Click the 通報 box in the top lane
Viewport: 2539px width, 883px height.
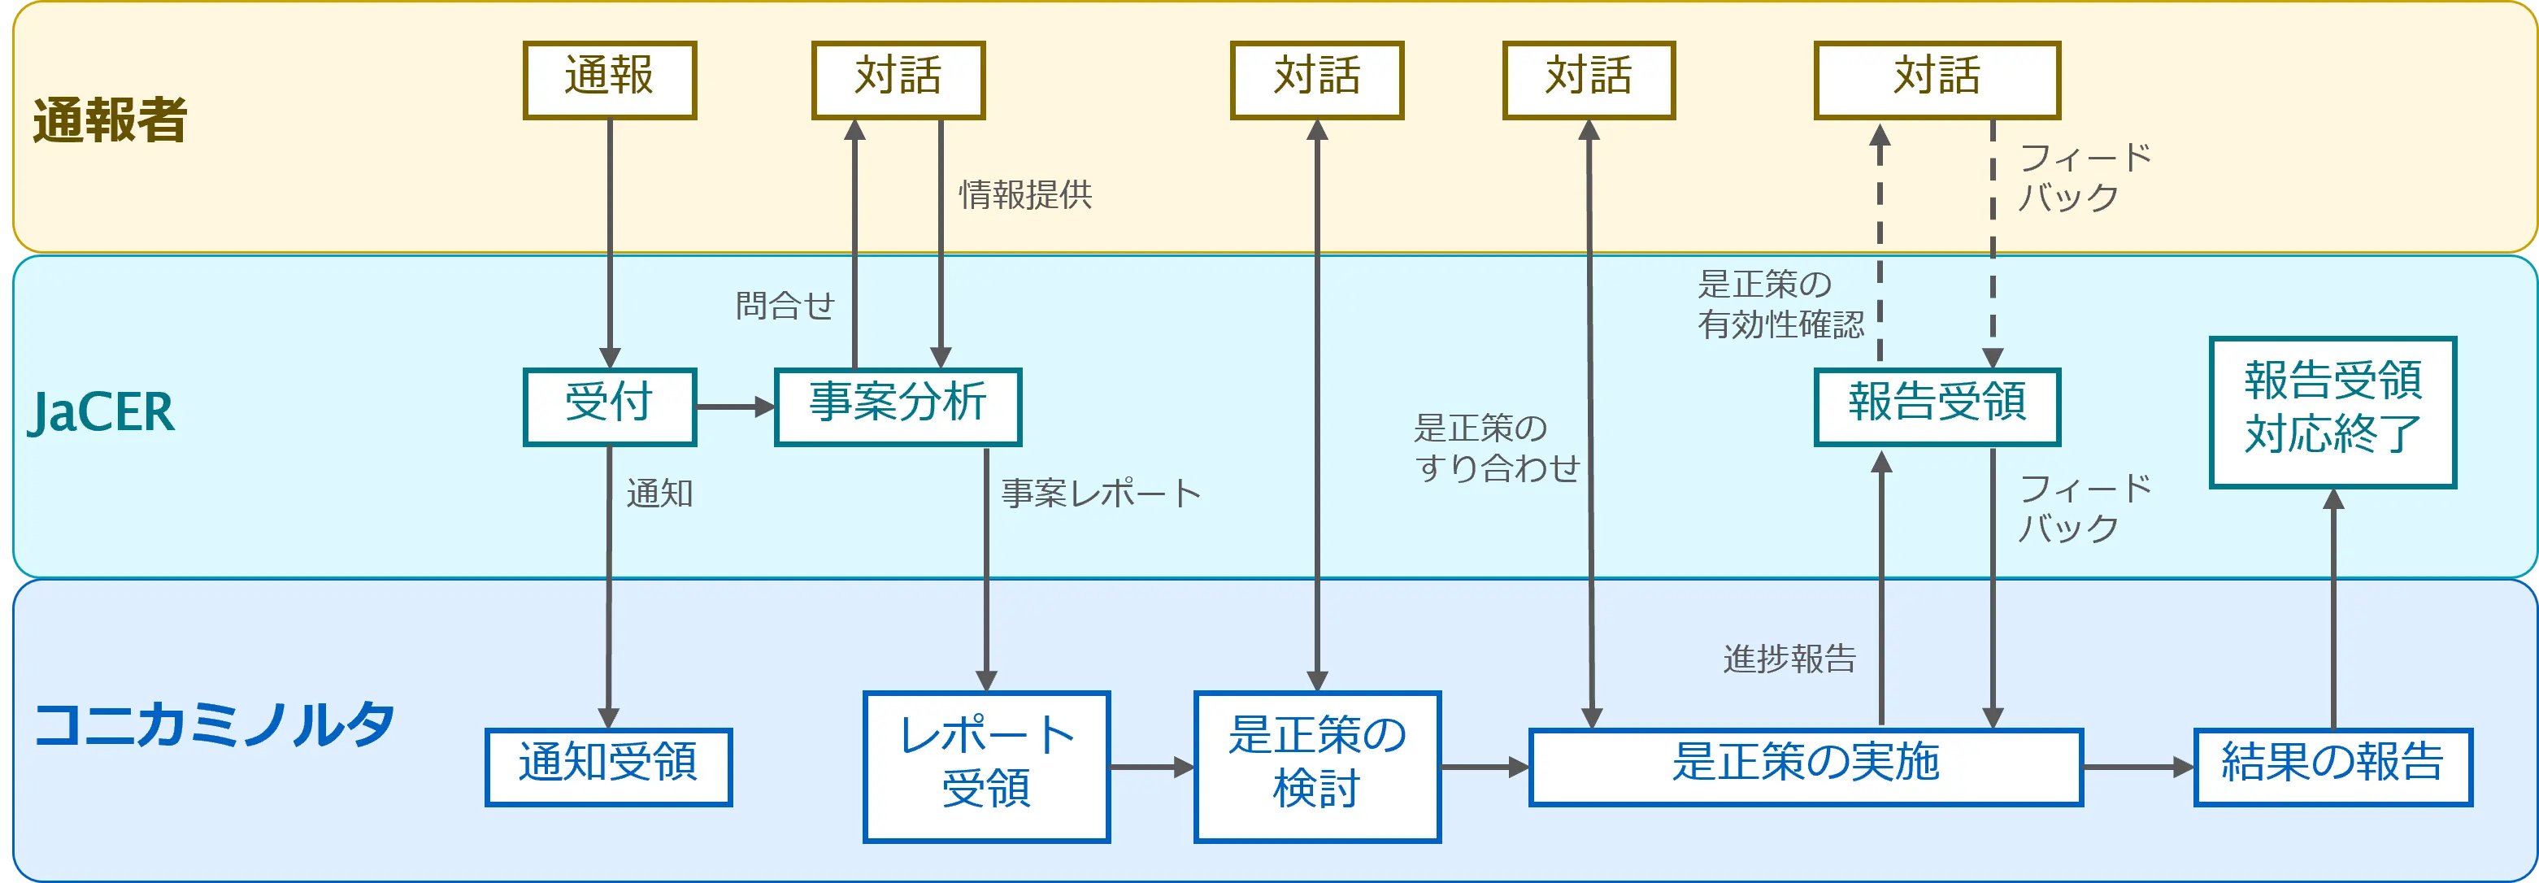point(609,79)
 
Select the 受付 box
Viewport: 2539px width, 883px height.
point(609,406)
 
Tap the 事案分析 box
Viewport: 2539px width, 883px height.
point(897,406)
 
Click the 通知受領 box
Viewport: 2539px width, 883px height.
point(608,766)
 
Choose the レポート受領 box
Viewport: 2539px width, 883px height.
point(985,766)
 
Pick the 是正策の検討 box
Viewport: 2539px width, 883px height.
point(1317,766)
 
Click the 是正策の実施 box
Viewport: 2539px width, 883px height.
point(1805,766)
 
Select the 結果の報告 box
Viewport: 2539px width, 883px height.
point(2332,766)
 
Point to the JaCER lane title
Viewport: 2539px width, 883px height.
point(102,412)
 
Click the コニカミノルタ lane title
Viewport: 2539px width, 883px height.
point(214,725)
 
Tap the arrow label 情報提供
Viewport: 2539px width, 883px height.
point(1025,195)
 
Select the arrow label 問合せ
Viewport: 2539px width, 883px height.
point(785,306)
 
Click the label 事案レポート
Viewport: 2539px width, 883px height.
point(1101,494)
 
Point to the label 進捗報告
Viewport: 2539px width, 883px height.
point(1789,659)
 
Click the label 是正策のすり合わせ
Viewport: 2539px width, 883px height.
point(1496,447)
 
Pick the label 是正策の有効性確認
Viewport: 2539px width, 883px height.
point(1780,303)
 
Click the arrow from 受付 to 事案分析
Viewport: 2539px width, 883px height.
point(735,406)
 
